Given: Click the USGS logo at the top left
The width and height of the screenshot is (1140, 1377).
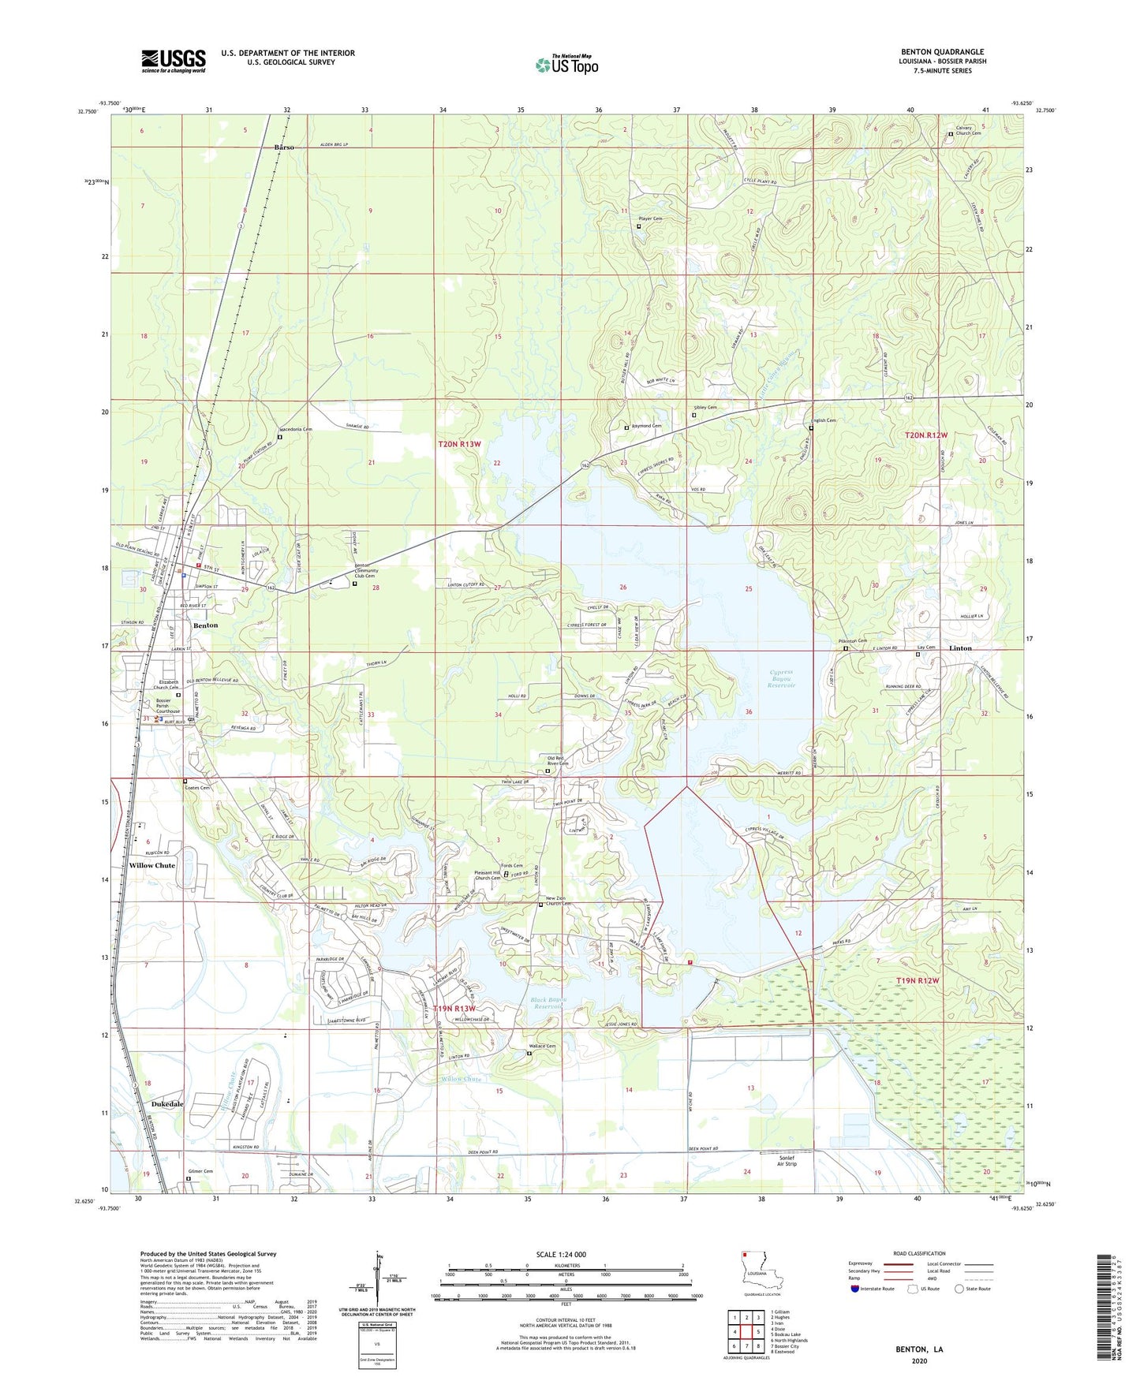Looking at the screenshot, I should coord(174,61).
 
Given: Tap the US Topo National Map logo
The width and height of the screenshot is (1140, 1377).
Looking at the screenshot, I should coord(566,64).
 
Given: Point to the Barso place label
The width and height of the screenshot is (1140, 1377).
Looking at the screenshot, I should coord(284,147).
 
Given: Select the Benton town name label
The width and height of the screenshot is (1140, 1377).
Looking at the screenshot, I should coord(206,625).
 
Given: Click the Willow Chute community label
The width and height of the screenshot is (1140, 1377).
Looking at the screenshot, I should coord(152,865).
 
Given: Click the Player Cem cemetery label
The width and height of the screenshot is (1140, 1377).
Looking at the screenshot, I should coord(651,218).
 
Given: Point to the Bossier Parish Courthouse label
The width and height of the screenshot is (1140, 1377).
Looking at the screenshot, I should coord(167,706).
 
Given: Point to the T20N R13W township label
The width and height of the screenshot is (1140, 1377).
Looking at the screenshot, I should coord(459,445).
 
